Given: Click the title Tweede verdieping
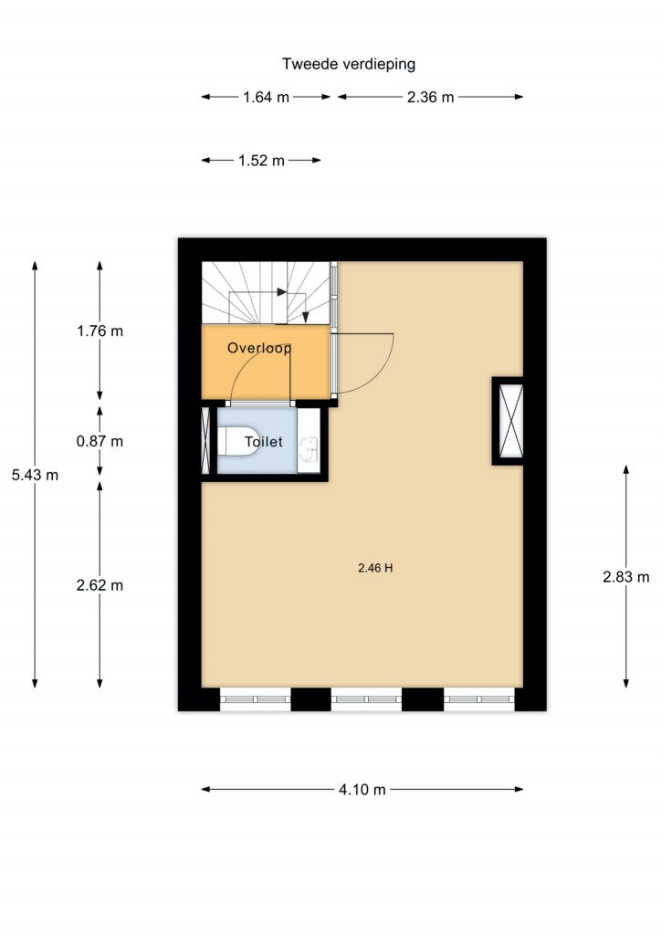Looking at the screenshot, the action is click(x=349, y=64).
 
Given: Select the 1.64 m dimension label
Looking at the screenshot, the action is click(x=266, y=97).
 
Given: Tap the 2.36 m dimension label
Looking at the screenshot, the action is click(x=430, y=97).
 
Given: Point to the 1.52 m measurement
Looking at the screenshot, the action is click(x=261, y=161).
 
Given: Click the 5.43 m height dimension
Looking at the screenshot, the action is click(x=36, y=475).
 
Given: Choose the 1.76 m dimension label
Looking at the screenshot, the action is click(x=100, y=331).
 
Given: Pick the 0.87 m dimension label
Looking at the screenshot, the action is click(x=100, y=441).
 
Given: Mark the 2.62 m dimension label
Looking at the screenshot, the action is click(x=100, y=585).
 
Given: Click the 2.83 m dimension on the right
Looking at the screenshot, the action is click(x=625, y=577).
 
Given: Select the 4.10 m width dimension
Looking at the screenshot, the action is click(x=362, y=790).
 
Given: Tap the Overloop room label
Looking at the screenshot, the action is click(x=259, y=348).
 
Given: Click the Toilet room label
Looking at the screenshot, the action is click(x=264, y=442).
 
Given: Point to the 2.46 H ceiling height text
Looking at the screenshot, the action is click(x=375, y=568).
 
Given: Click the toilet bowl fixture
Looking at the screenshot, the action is click(x=237, y=441).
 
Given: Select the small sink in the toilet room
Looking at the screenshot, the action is click(x=309, y=450).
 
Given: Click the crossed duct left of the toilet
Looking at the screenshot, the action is click(x=205, y=441).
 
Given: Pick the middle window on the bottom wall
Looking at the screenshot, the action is click(x=366, y=699).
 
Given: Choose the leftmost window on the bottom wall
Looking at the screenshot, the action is click(x=256, y=699).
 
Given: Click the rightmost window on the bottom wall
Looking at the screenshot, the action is click(x=479, y=699).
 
